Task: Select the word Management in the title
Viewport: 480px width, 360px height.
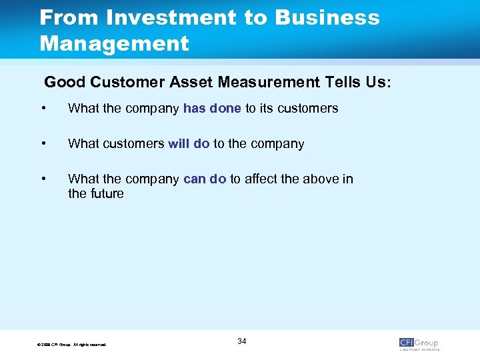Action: (x=114, y=44)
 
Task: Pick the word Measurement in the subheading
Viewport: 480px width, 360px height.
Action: (x=257, y=83)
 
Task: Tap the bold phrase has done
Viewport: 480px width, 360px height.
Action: (x=212, y=108)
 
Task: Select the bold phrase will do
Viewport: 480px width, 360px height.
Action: (x=189, y=143)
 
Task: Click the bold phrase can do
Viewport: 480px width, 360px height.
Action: (x=205, y=179)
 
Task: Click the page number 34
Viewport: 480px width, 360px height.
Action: (x=241, y=341)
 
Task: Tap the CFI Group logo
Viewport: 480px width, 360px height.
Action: (x=419, y=344)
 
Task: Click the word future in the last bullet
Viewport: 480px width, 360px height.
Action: (x=106, y=193)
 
